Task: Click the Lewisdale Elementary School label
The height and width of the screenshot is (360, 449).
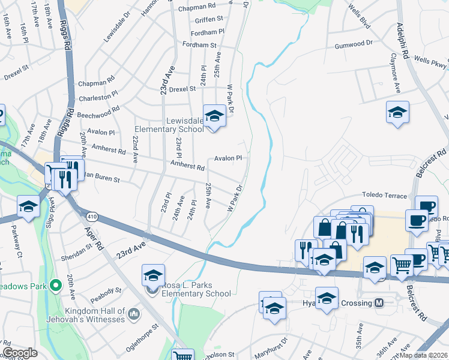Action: coord(169,124)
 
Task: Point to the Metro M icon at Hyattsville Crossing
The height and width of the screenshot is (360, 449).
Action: coord(379,303)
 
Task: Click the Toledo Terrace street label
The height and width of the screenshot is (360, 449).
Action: coord(384,194)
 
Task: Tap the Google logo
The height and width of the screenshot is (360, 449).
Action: coord(20,353)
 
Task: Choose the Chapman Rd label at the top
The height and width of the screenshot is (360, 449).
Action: coord(196,9)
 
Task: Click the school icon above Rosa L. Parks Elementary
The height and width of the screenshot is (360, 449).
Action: coord(153,275)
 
